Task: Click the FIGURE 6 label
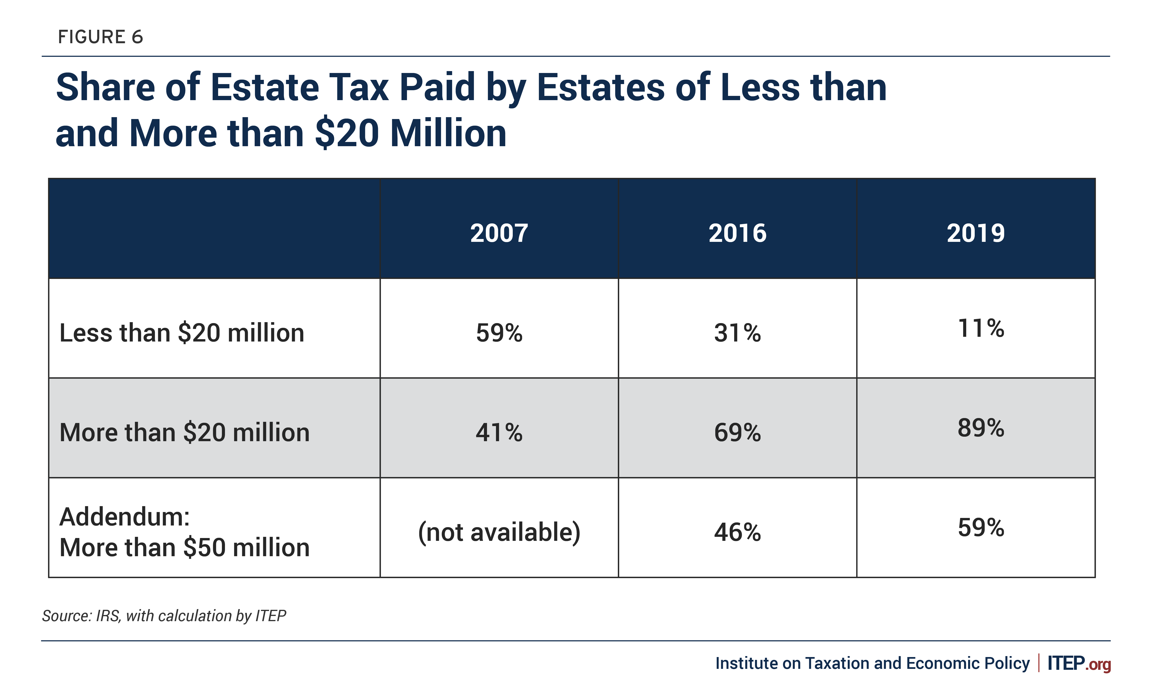click(100, 37)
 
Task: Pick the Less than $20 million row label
click(182, 333)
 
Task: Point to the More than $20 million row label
click(185, 432)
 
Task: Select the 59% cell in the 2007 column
click(499, 333)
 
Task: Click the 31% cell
click(737, 333)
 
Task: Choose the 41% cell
click(499, 432)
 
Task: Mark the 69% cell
click(737, 432)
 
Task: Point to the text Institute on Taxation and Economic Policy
click(872, 663)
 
